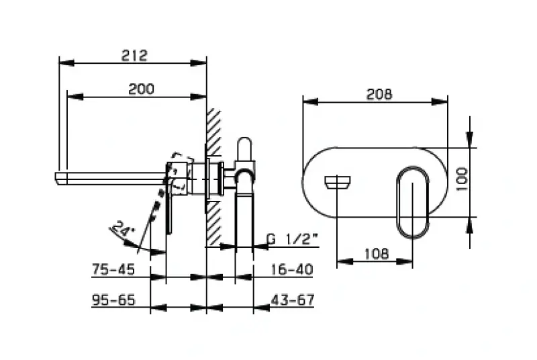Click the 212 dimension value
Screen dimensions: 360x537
click(x=134, y=55)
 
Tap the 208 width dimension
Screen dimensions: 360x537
click(x=379, y=95)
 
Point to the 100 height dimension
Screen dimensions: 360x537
click(x=460, y=180)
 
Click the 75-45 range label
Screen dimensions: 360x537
click(x=113, y=269)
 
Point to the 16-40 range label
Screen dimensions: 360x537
click(x=293, y=269)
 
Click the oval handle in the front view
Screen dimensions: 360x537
click(x=411, y=201)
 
